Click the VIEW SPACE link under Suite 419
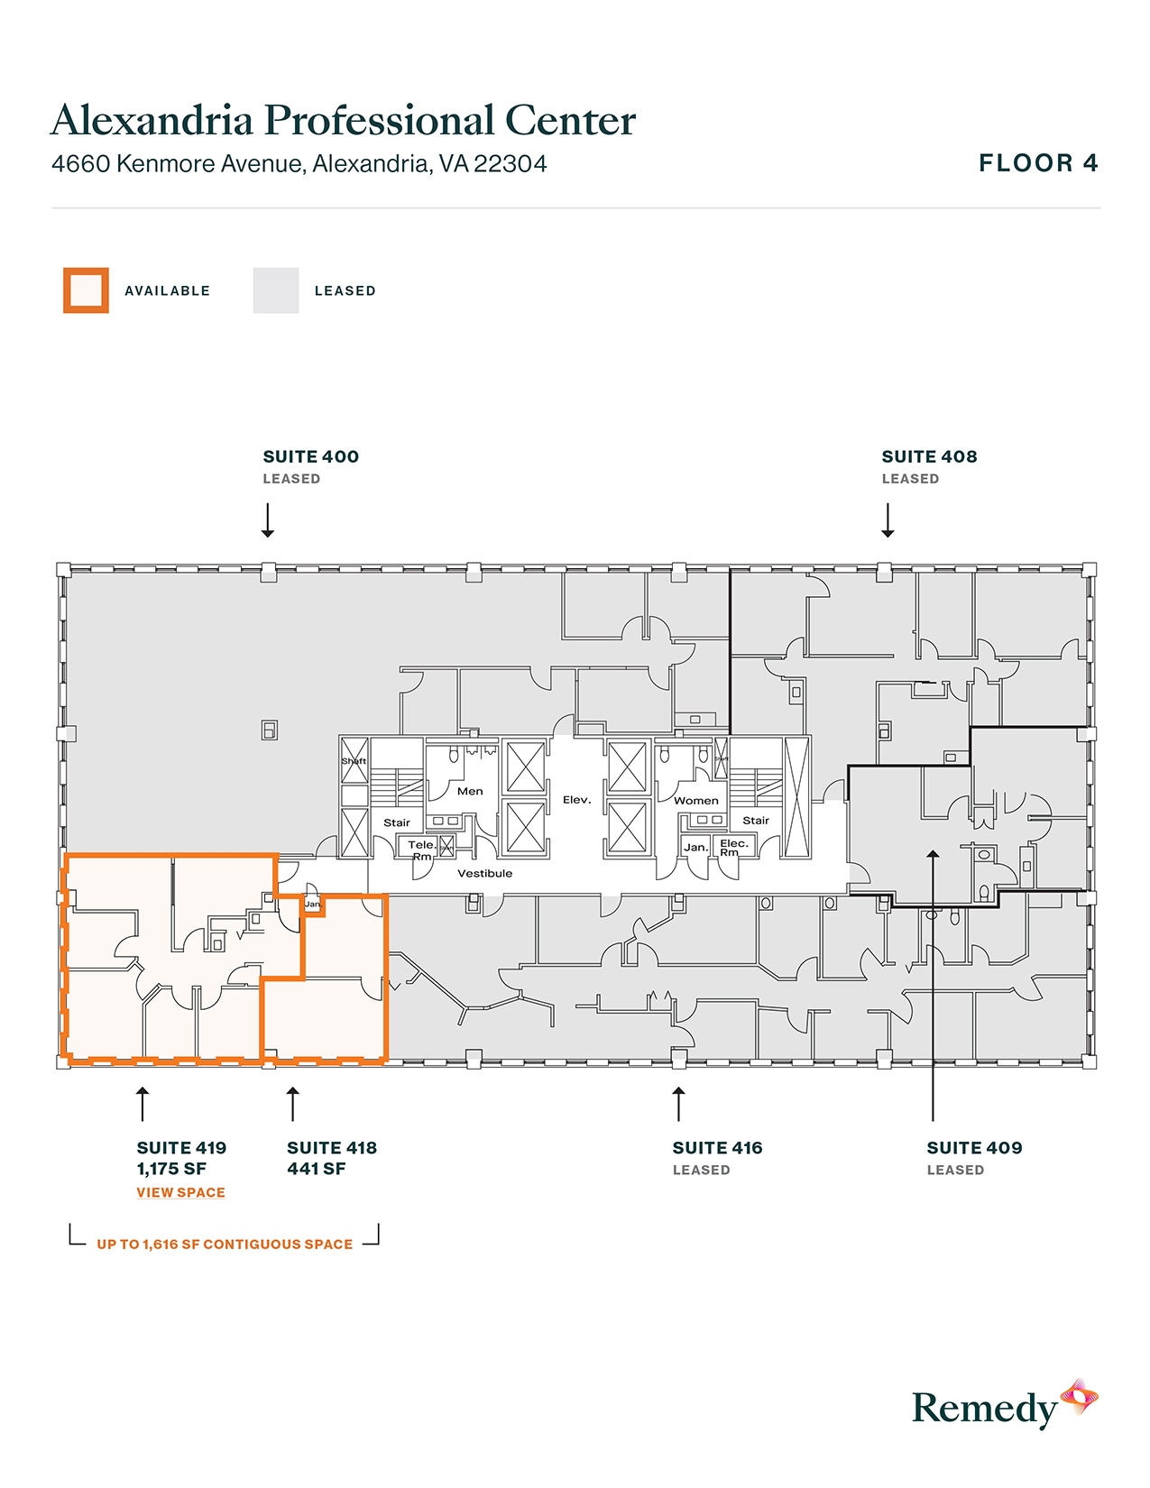tap(180, 1192)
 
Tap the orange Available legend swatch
tap(86, 290)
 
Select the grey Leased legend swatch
tap(275, 290)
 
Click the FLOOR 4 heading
tap(1038, 163)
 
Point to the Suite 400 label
tap(310, 456)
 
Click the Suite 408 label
tap(929, 456)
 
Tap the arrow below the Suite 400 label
tap(268, 520)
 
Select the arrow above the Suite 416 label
tap(679, 1104)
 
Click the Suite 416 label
tap(717, 1148)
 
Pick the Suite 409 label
tap(974, 1148)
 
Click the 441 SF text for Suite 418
tap(316, 1169)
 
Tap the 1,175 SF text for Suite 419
tap(171, 1169)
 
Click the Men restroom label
tap(470, 791)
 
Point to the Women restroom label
tap(696, 800)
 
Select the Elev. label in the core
tap(576, 800)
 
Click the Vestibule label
tap(484, 873)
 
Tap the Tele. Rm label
tap(421, 850)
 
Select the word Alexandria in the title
tap(152, 121)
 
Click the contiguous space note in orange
tap(225, 1245)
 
